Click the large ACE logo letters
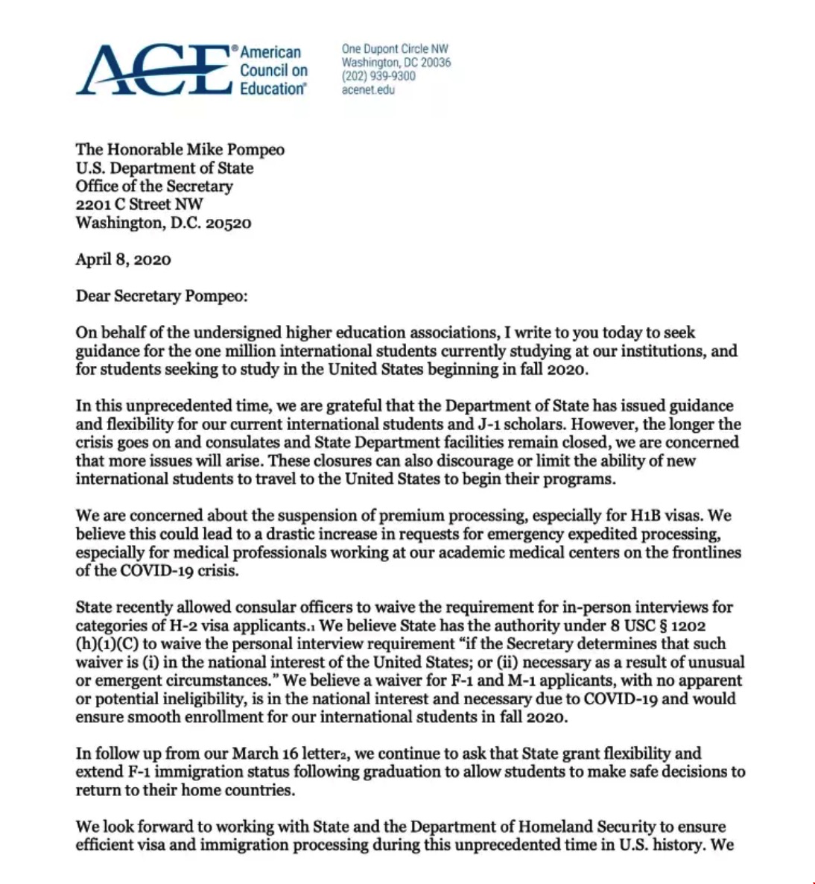[x=153, y=70]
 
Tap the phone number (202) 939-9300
[x=378, y=76]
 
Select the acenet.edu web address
[x=368, y=90]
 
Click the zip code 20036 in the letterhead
[x=436, y=63]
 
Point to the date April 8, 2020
[x=123, y=259]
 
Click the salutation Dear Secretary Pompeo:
[x=161, y=296]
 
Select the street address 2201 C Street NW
[x=139, y=204]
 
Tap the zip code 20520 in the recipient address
[x=228, y=223]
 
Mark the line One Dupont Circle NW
[x=395, y=49]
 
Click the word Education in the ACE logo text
[x=273, y=89]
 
